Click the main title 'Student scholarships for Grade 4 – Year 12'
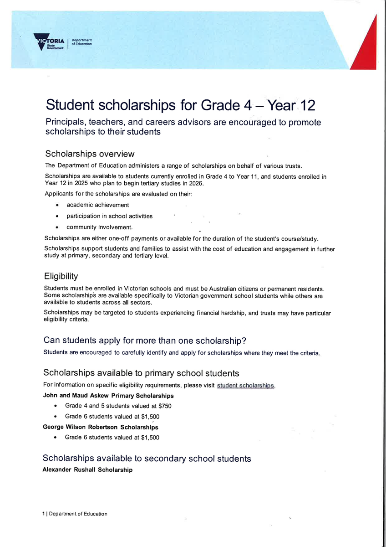[x=180, y=105]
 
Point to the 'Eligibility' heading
[x=61, y=276]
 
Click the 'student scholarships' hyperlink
[x=246, y=385]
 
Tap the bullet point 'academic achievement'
[x=97, y=205]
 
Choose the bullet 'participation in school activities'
[x=109, y=216]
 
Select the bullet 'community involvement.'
[x=100, y=227]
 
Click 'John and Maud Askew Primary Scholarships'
[x=108, y=396]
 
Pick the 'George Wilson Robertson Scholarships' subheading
[x=100, y=428]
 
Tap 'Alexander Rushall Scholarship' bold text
[x=87, y=470]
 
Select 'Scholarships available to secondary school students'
[x=147, y=459]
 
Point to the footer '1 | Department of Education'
[x=75, y=514]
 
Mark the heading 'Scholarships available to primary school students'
[x=141, y=373]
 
